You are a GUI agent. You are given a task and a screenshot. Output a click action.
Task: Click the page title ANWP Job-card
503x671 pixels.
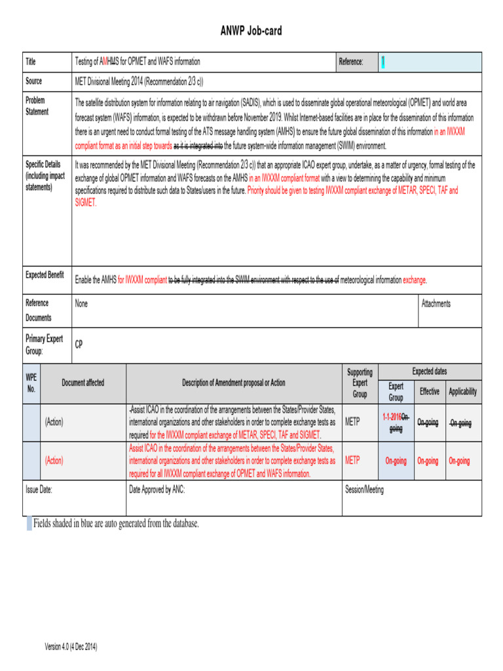tap(251, 31)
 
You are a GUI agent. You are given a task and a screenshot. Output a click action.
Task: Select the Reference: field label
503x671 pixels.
tap(351, 62)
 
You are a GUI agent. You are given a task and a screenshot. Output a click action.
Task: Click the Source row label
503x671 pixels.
tap(34, 81)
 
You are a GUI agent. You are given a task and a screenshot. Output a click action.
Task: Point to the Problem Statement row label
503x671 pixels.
tap(37, 106)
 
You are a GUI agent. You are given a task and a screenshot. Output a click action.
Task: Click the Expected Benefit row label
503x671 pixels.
tap(45, 275)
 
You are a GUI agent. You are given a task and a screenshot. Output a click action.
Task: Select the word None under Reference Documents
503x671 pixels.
tap(81, 304)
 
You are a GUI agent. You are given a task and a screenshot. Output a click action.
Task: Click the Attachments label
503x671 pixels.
tap(436, 304)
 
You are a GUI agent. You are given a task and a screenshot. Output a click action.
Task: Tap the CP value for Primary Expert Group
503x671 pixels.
tap(79, 345)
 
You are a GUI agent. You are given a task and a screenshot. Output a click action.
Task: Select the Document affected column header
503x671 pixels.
tap(83, 383)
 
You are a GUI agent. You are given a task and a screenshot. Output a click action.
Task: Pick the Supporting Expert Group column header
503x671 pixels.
tap(360, 383)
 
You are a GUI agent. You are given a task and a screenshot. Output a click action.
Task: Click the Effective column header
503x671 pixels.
tap(430, 392)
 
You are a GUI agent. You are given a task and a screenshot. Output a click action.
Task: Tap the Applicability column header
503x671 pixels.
tap(462, 392)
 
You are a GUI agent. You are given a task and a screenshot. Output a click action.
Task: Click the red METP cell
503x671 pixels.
tap(352, 461)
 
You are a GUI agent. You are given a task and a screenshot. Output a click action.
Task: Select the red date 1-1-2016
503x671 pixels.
tap(392, 417)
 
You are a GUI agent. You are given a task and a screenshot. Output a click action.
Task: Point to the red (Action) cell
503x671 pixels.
tap(54, 461)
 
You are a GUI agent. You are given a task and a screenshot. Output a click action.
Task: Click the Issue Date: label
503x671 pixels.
tap(39, 489)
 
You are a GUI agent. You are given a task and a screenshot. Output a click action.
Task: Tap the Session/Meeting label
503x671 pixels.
tap(364, 489)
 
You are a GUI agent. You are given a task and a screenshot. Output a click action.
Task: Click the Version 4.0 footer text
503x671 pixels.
tap(71, 647)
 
